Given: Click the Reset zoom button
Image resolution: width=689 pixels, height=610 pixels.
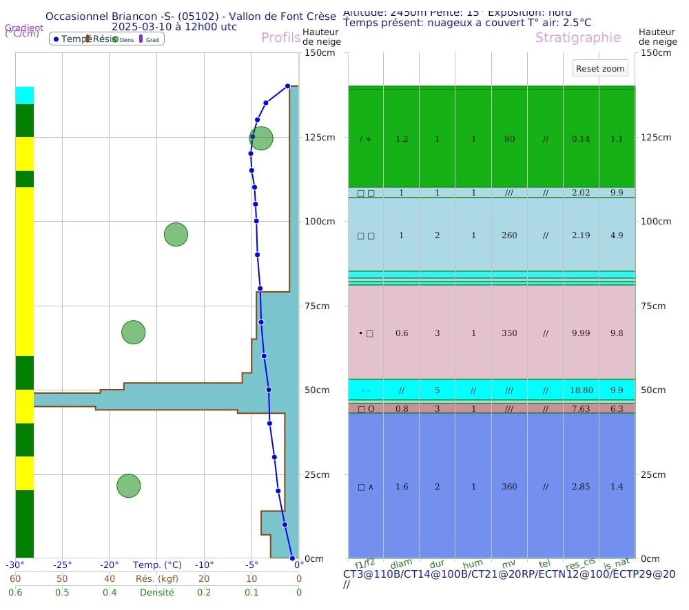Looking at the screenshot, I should point(601,68).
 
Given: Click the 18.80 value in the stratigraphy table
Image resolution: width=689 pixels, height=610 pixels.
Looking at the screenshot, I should point(582,390).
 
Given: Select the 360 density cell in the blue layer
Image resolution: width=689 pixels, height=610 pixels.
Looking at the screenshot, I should point(509,487).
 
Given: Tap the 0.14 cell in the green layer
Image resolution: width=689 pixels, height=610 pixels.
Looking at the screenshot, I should point(581,139).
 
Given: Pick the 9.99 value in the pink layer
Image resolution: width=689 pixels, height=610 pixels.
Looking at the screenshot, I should point(581,333).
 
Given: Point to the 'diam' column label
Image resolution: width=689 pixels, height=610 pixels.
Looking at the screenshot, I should point(402,563).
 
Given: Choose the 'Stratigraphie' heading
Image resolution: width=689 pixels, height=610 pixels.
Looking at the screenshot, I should point(577,38).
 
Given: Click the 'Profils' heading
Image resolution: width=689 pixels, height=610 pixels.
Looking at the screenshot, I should point(280,38).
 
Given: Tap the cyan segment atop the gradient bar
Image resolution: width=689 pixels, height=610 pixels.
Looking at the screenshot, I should point(25,95).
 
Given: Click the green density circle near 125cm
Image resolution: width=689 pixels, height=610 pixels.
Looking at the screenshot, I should point(261,138).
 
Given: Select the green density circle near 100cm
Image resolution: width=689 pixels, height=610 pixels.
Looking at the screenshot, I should point(176,235).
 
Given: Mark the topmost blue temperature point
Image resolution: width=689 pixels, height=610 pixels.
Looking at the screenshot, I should point(288,86).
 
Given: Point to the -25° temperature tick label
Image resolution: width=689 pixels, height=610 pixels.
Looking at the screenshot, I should point(63,565).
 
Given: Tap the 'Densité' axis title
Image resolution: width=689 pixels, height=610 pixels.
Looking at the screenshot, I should point(157,592).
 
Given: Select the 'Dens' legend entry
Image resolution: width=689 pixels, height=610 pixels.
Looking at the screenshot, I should point(124,40).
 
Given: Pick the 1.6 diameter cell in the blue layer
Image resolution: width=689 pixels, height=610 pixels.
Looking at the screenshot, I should point(402,487).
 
